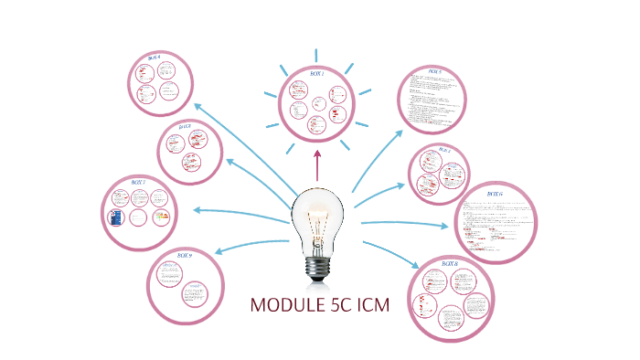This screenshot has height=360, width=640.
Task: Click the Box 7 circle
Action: (139, 212)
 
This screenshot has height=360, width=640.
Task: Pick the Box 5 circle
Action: (432, 99)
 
